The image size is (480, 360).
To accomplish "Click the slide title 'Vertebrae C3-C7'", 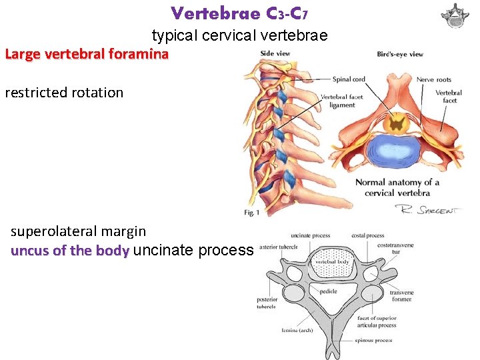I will coord(239,13).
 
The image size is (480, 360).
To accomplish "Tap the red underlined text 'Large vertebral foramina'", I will coord(87,54).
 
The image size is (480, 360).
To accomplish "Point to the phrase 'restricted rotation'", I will coord(64,93).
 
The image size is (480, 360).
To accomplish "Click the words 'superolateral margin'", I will coord(78,231).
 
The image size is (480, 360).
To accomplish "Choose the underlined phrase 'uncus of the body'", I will coord(70,251).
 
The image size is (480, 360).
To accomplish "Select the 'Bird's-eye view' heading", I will coord(400,55).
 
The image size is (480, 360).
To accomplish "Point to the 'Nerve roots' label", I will coord(434,80).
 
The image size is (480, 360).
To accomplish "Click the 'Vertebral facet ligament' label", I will coord(342,101).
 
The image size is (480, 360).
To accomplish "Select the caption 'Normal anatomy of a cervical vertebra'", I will coord(397,187).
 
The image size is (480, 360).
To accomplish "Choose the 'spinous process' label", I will coord(375,341).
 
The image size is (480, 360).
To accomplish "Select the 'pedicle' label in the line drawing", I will coord(327,291).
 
